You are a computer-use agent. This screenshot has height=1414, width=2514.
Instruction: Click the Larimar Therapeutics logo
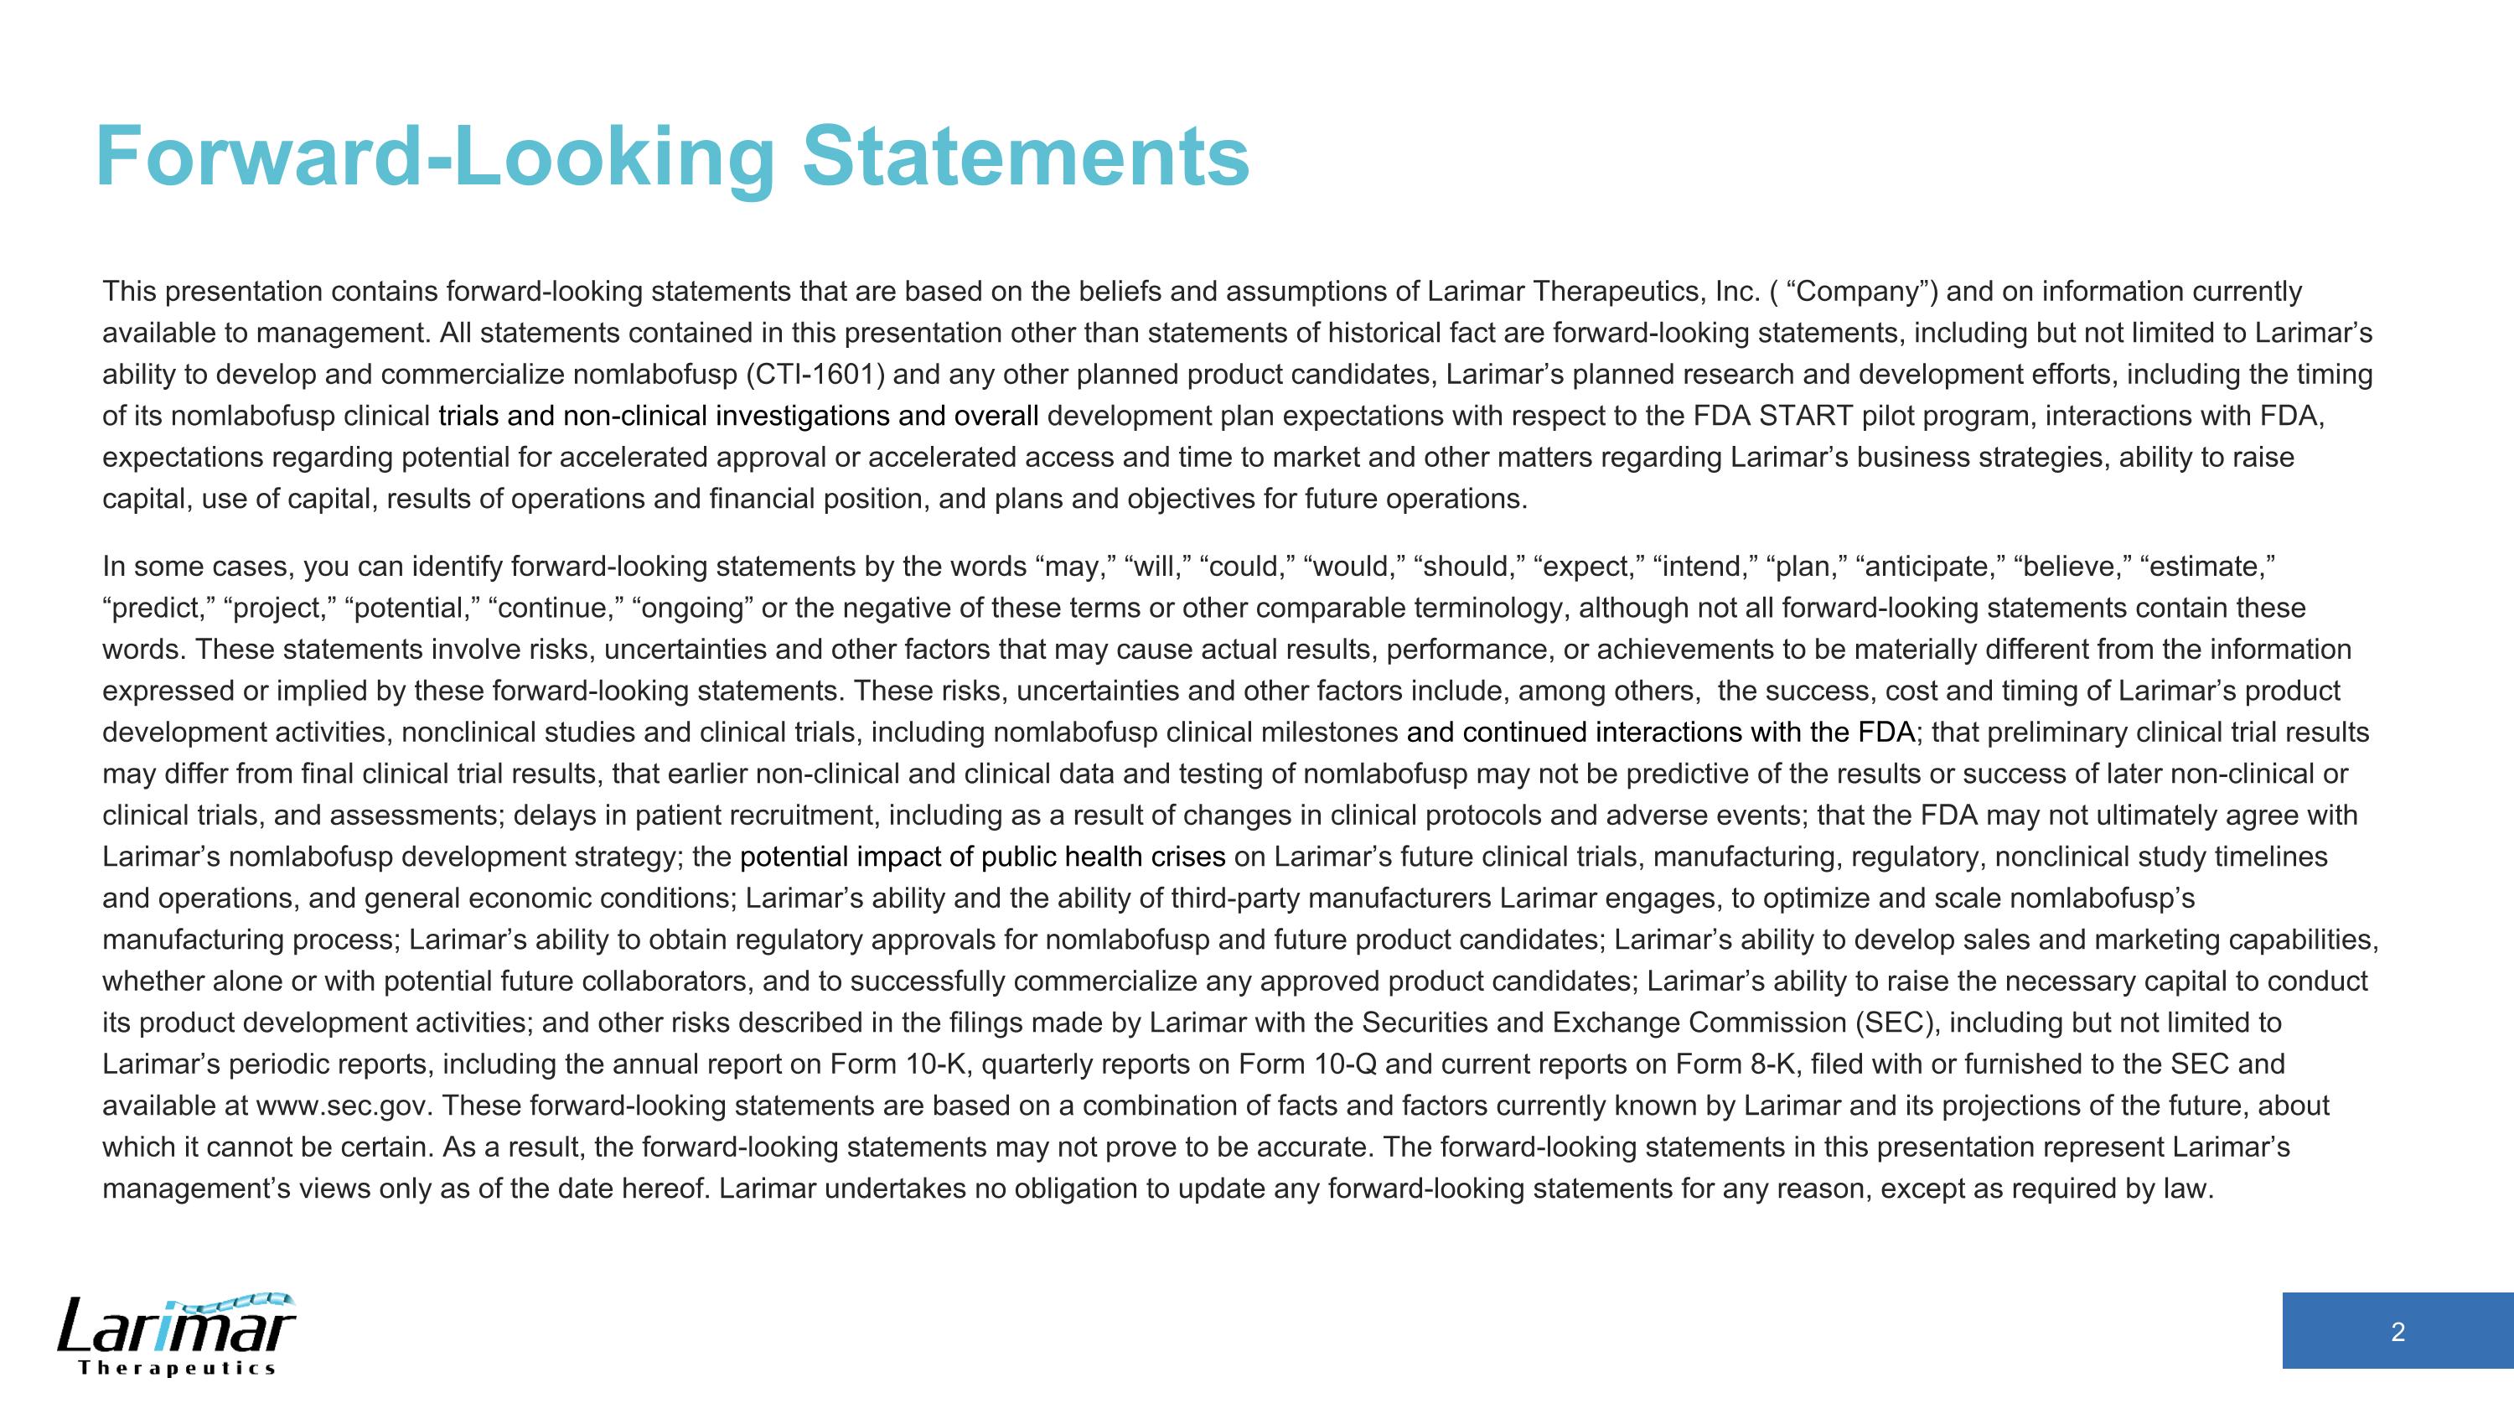click(x=177, y=1334)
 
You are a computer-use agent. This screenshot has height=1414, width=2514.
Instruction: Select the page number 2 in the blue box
click(x=2397, y=1332)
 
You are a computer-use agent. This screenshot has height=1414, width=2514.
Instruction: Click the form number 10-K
click(x=936, y=1064)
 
